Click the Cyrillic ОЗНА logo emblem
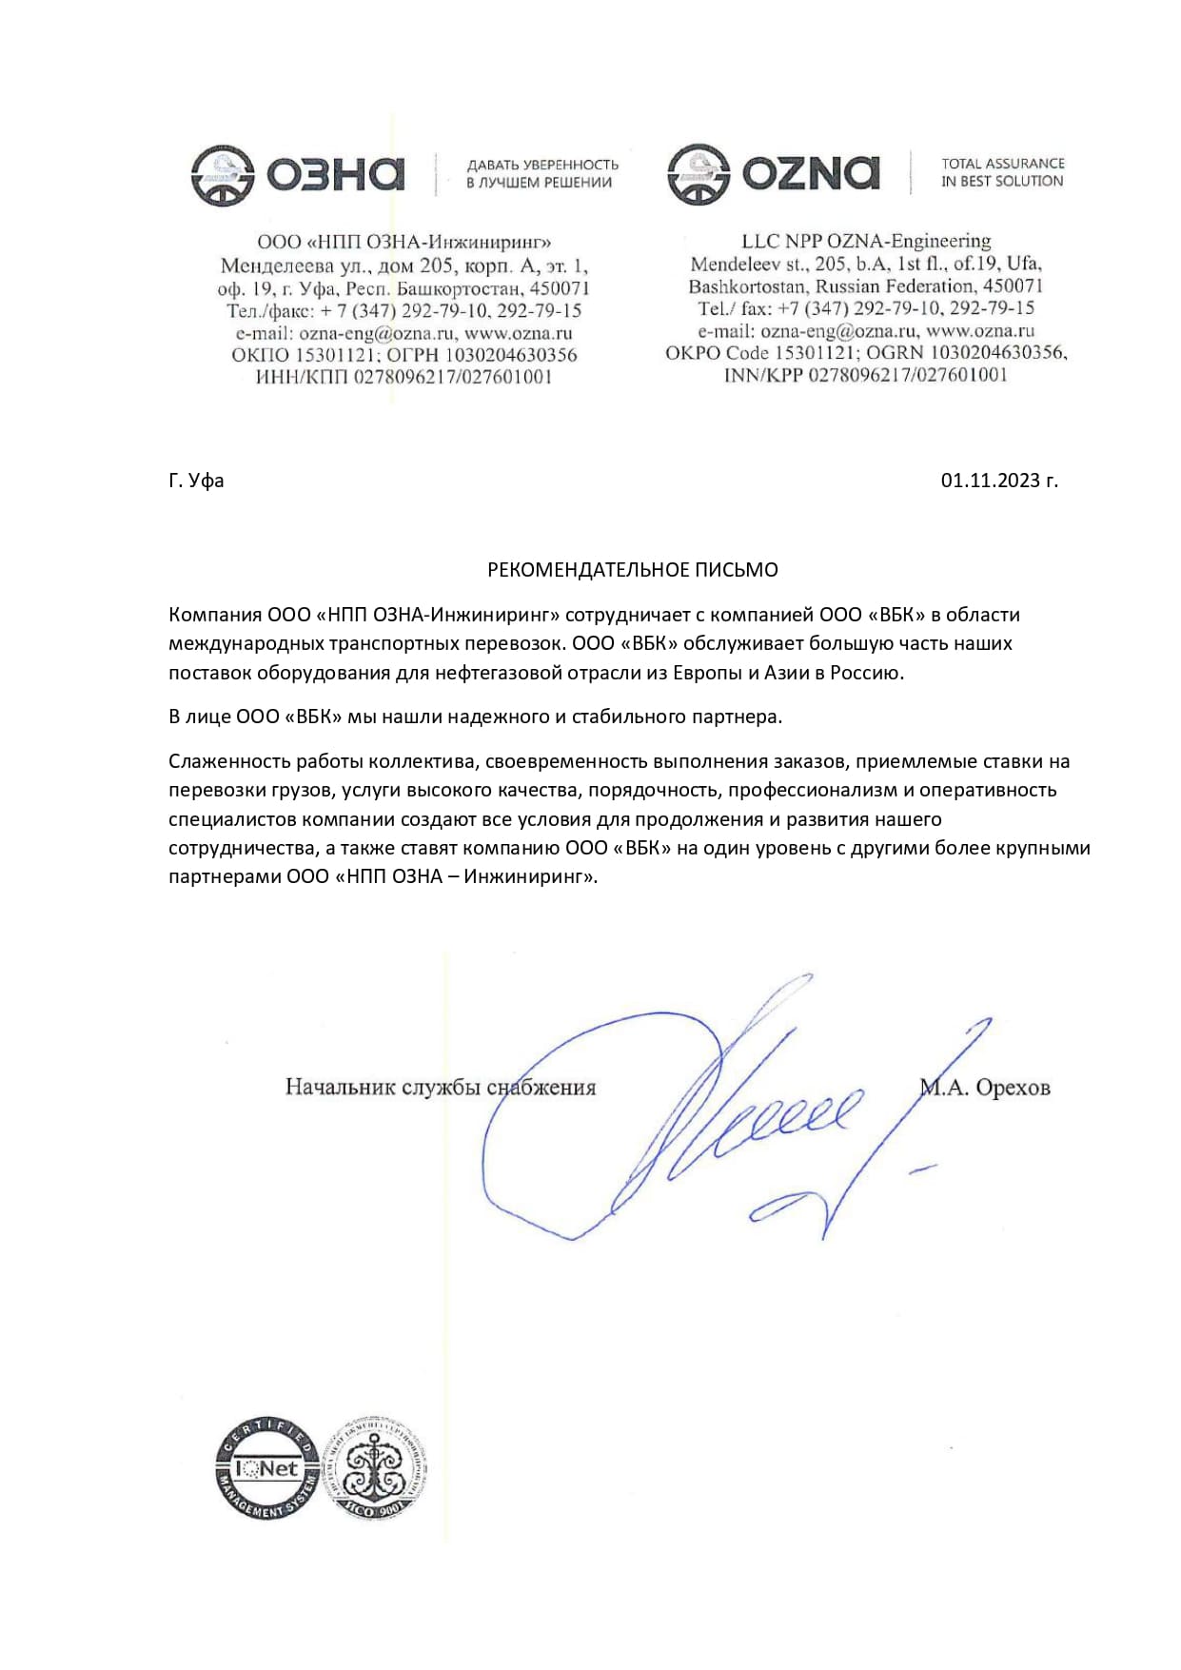222,175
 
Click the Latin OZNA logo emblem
699,174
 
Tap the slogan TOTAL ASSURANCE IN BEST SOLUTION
1002,172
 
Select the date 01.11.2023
998,481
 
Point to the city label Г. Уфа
196,481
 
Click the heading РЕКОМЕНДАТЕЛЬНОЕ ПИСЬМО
632,570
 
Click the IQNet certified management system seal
269,1467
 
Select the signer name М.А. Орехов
986,1088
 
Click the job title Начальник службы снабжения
440,1088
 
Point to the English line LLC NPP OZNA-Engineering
866,241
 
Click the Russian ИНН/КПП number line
404,377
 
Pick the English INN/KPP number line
865,375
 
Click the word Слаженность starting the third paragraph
229,761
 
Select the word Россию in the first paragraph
865,673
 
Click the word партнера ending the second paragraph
739,717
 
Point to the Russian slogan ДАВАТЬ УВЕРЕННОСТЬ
542,165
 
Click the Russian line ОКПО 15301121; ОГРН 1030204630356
404,355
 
